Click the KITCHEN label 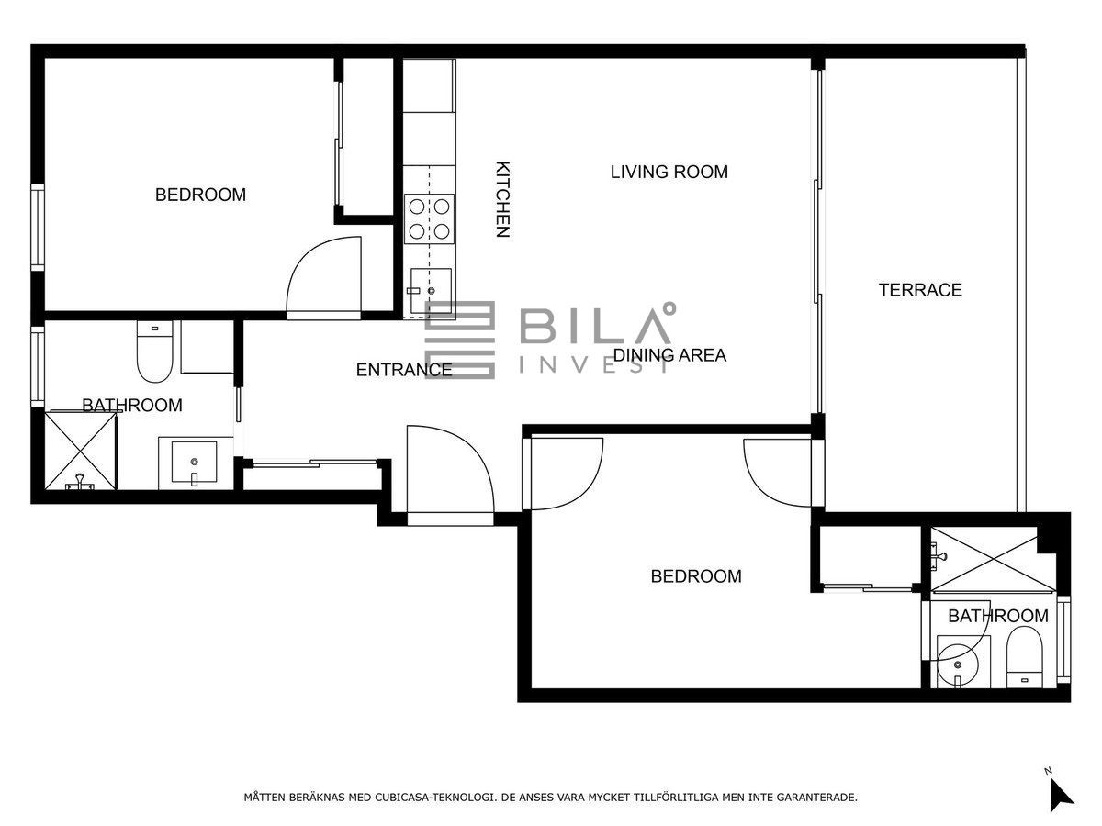[502, 199]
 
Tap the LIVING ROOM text [669, 172]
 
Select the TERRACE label [920, 290]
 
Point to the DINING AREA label [669, 355]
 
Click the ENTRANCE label [404, 370]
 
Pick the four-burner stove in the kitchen [429, 219]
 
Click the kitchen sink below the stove [431, 291]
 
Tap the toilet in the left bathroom [154, 352]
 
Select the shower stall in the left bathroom [81, 450]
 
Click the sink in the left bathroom [195, 462]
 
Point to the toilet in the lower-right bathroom [1024, 657]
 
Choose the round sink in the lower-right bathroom [958, 665]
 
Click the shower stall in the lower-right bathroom [984, 558]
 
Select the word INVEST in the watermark [595, 365]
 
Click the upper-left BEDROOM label [200, 195]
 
